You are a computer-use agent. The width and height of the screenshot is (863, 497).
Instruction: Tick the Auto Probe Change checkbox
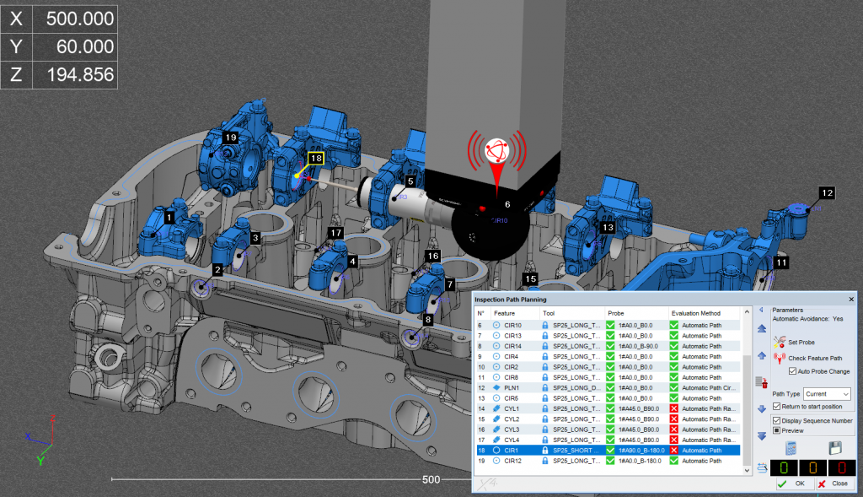792,371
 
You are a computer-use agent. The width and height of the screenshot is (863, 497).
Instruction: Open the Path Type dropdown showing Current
828,394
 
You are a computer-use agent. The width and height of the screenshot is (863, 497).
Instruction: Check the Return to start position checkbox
776,407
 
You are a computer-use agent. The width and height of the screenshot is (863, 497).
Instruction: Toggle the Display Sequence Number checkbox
776,420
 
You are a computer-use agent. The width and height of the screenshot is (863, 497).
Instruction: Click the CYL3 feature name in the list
512,429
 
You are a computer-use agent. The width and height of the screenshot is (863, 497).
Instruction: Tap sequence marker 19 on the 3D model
230,137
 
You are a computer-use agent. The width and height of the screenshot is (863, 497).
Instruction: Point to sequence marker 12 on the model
827,193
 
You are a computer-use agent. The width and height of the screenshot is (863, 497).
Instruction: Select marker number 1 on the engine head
169,218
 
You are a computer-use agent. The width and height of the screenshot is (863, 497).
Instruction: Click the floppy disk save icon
836,448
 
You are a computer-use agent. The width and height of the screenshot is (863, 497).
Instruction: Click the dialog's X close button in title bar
850,299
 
